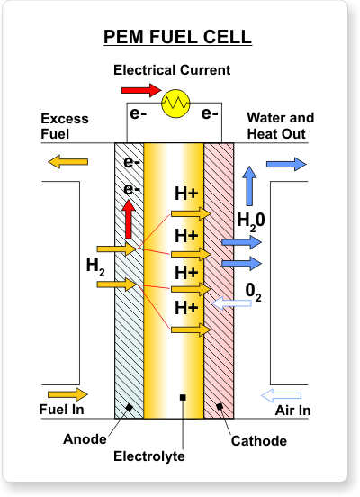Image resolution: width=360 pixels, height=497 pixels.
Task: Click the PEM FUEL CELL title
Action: click(177, 37)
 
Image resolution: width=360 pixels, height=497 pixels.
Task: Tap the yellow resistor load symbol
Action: click(175, 103)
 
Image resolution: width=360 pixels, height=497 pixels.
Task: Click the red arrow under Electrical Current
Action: click(141, 90)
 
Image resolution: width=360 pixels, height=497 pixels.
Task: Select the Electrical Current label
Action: click(172, 70)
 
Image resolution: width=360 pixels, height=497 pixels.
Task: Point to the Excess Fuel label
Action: click(65, 126)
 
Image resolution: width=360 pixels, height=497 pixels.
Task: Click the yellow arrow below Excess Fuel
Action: click(67, 162)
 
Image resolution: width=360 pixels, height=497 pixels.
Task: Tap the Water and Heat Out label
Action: click(281, 126)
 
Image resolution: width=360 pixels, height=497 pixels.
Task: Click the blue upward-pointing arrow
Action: click(250, 185)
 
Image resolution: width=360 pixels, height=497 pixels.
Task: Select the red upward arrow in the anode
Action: click(129, 219)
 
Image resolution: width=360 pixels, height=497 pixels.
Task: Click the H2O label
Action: click(251, 221)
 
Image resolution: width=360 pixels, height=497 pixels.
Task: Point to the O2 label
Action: click(254, 292)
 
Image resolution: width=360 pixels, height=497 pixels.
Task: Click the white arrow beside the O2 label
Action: click(231, 303)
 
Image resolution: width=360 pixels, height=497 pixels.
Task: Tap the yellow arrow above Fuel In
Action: click(67, 394)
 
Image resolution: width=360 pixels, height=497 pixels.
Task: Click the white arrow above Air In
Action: click(281, 395)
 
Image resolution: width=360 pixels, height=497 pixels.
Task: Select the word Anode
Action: click(85, 439)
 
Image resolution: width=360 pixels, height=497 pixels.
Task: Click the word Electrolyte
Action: click(149, 456)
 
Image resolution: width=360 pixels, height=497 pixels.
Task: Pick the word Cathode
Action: click(259, 441)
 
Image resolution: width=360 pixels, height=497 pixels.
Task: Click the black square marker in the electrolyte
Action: click(183, 397)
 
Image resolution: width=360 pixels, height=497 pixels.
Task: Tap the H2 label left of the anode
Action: click(95, 267)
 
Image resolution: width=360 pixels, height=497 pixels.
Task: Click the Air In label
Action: click(292, 411)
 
